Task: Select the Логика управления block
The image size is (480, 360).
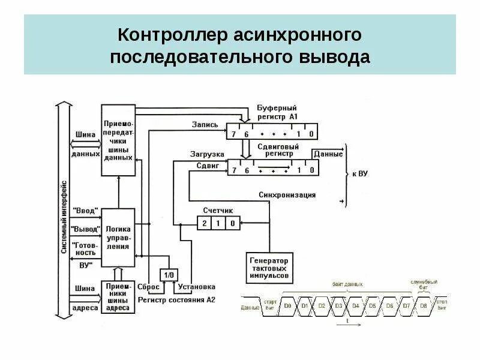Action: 118,238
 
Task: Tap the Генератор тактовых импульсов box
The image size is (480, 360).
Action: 270,268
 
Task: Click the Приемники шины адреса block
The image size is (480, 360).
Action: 118,298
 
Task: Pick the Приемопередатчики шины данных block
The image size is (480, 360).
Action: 118,139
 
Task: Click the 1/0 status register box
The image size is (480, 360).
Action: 169,274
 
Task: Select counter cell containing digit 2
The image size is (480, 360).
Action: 205,223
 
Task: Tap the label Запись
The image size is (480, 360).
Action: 205,125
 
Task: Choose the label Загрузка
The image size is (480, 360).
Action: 206,154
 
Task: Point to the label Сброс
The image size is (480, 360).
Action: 148,287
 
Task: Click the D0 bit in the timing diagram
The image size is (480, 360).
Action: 288,306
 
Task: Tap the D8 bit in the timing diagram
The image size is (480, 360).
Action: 424,306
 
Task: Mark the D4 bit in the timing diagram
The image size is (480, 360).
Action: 356,306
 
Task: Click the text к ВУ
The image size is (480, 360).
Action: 359,173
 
